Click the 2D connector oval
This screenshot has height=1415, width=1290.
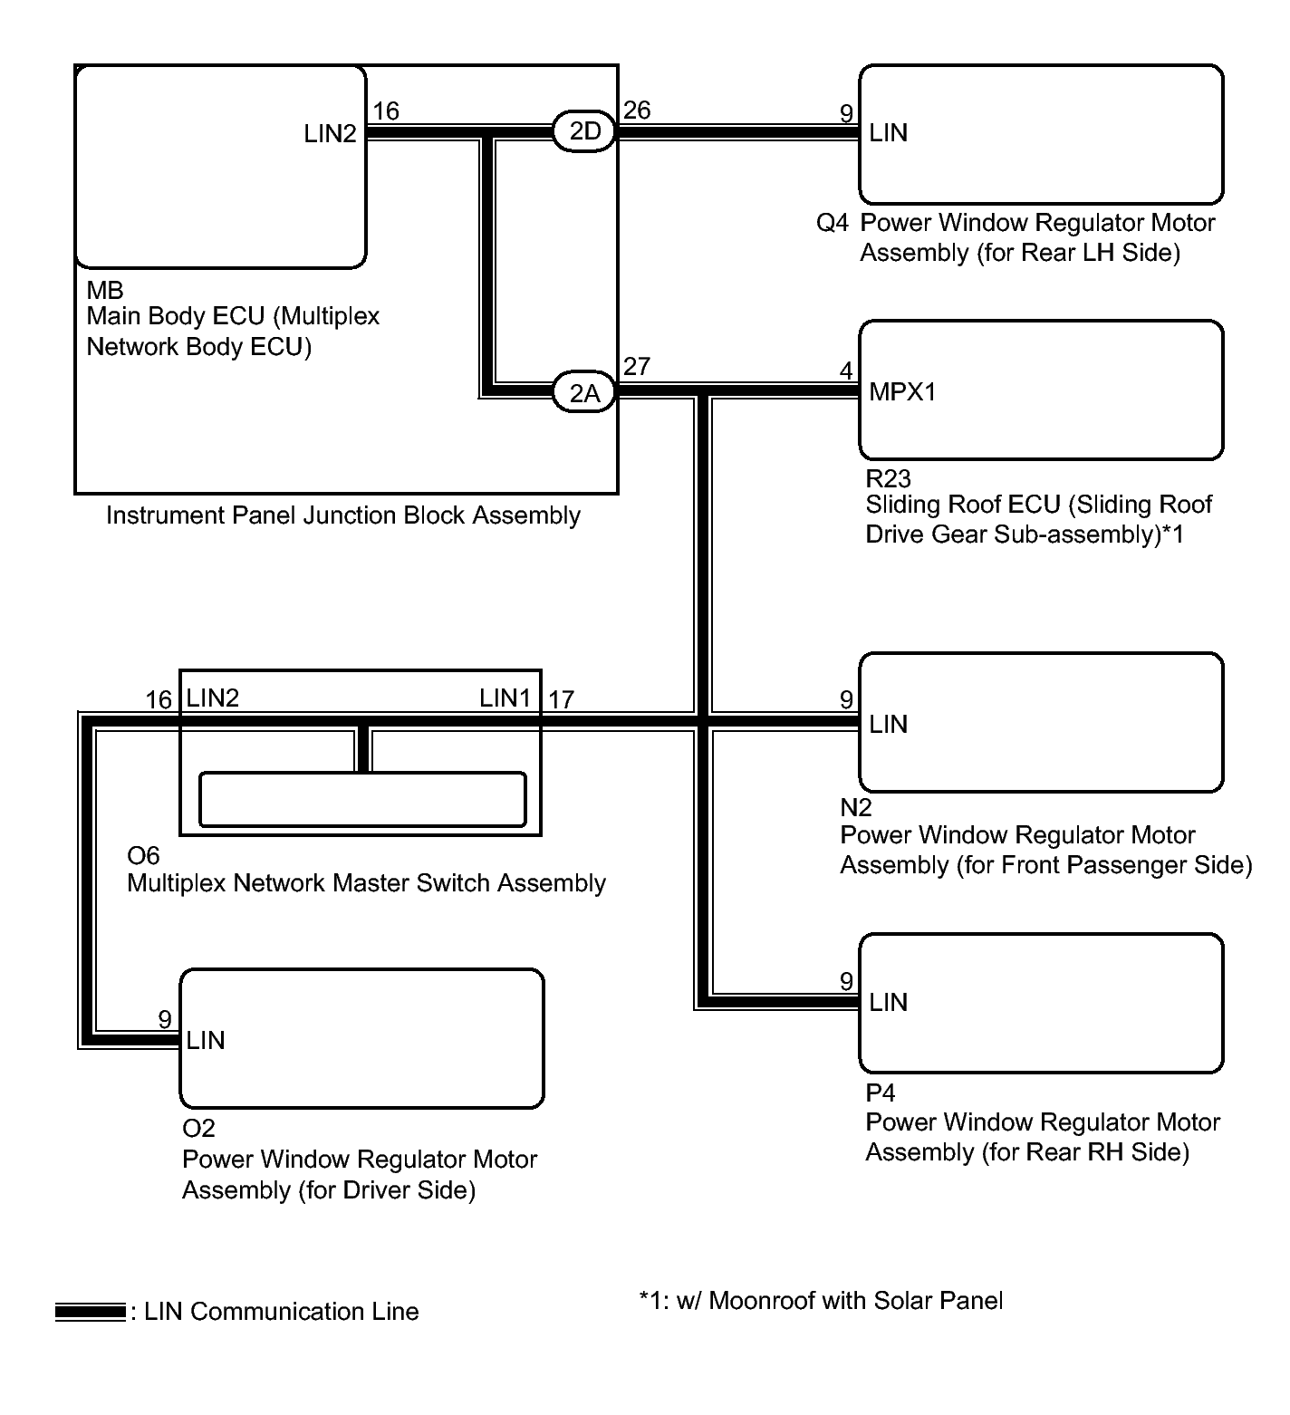coord(584,131)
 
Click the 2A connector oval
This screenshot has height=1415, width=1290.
coord(584,393)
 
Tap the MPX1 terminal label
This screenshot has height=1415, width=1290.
coord(902,392)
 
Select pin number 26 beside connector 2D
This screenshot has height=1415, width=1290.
coord(637,111)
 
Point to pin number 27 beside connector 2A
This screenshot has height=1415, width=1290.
coord(637,367)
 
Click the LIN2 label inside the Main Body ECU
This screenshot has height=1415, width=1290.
coord(330,134)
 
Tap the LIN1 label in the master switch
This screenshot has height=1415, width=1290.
coord(505,698)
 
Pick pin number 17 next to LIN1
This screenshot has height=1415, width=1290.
coord(561,699)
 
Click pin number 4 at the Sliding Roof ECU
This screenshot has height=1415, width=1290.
coord(846,371)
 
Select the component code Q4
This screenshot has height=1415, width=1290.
coord(832,223)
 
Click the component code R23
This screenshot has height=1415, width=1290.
coord(888,478)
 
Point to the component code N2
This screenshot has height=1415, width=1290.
coord(855,807)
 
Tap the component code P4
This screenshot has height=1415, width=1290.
coord(880,1093)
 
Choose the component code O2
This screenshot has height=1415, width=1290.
coord(198,1129)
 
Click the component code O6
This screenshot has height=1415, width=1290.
coord(143,855)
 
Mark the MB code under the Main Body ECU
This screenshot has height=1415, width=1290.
coord(104,291)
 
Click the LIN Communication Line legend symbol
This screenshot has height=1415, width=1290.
coord(90,1312)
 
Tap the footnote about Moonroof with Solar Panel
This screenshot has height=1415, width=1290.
coord(821,1301)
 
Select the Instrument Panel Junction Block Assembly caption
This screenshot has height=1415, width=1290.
coord(343,515)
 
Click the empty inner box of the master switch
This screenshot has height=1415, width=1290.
coord(361,800)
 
